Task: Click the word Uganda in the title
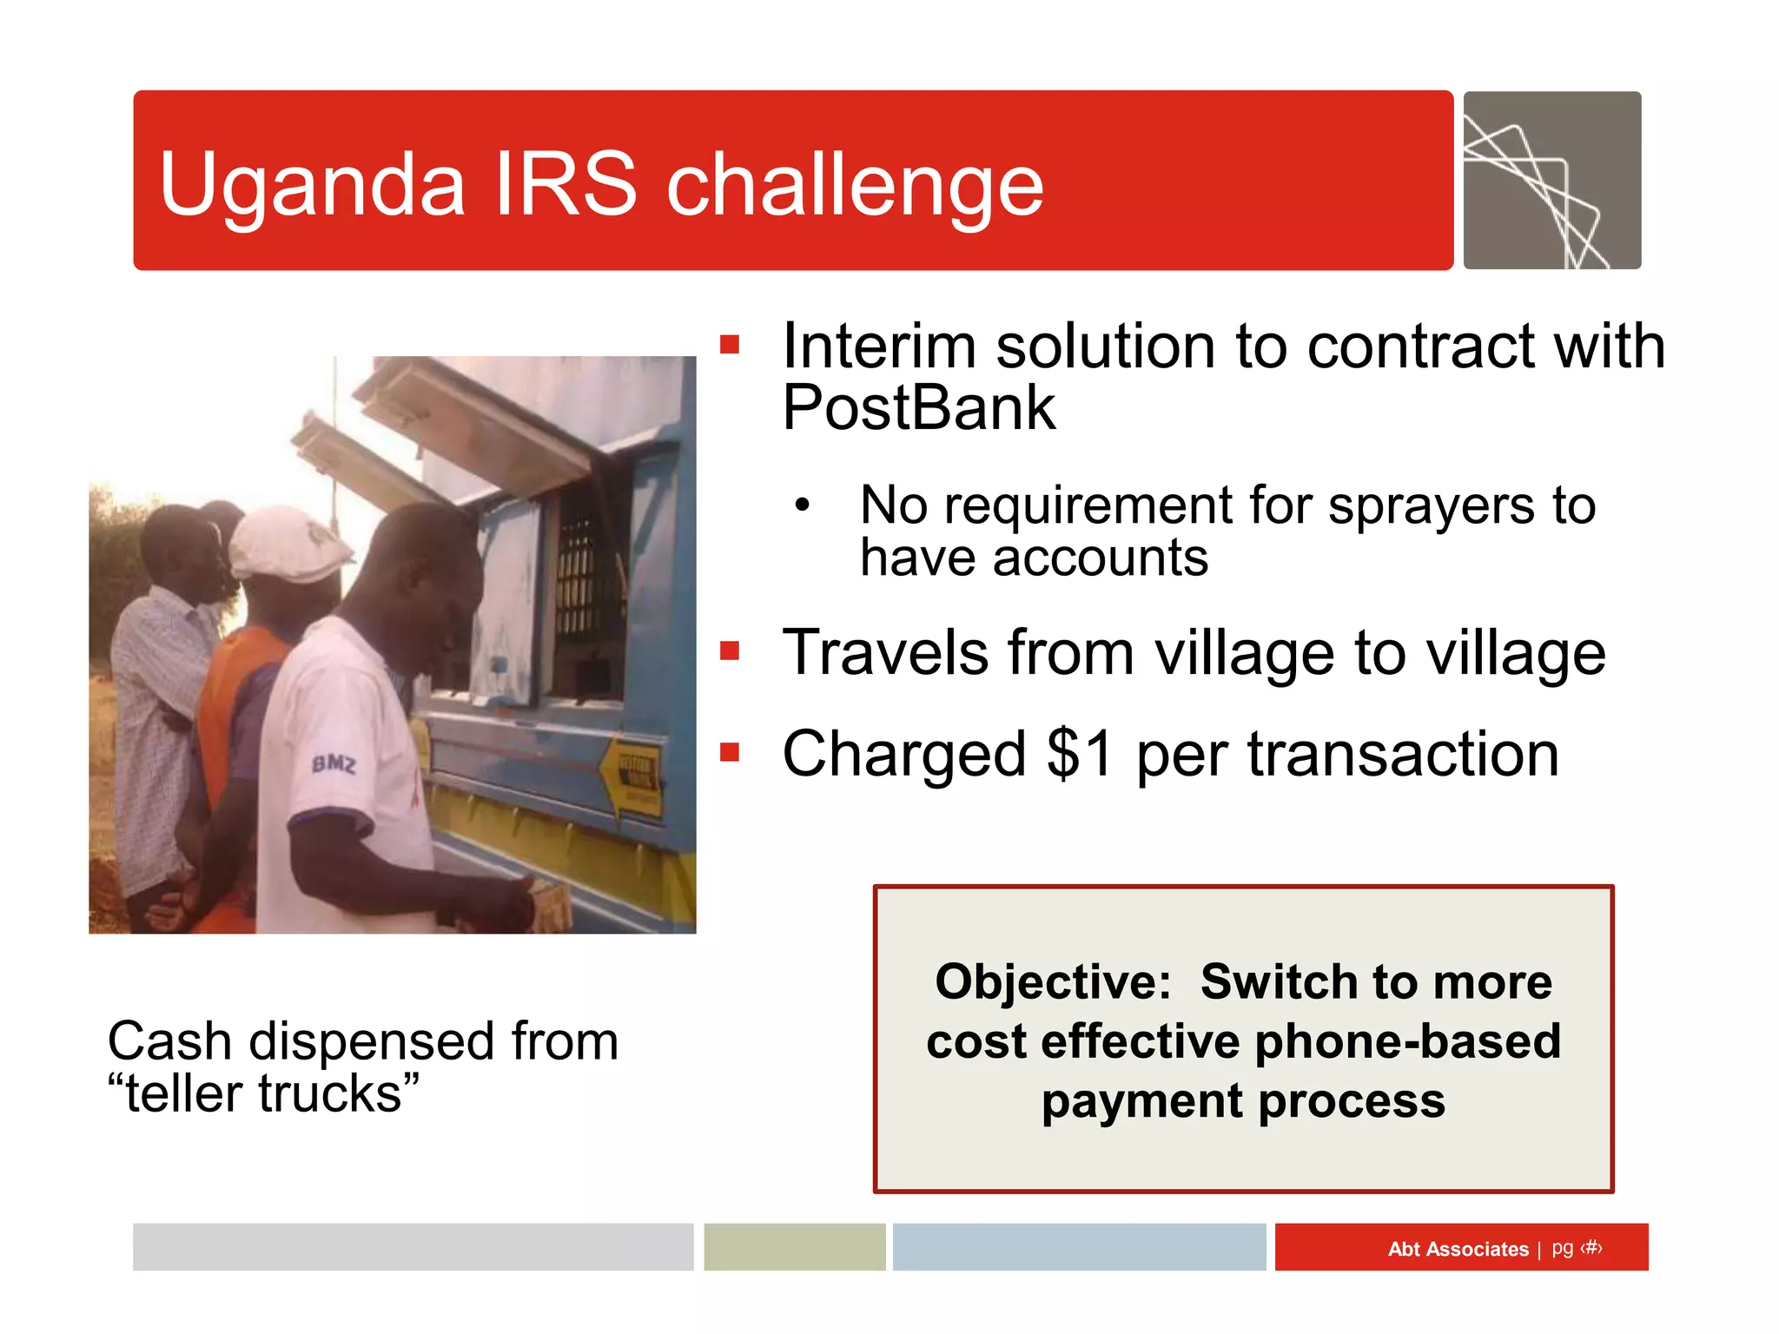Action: pyautogui.click(x=313, y=184)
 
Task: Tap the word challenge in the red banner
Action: pyautogui.click(x=855, y=184)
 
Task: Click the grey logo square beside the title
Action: pyautogui.click(x=1551, y=180)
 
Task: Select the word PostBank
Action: pyautogui.click(x=918, y=408)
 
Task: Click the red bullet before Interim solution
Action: pyautogui.click(x=730, y=346)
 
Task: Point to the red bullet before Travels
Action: pyautogui.click(x=730, y=651)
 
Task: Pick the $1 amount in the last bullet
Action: pyautogui.click(x=1080, y=753)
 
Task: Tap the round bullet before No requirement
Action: pyautogui.click(x=802, y=505)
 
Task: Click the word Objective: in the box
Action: pyautogui.click(x=1053, y=982)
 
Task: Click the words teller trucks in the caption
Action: pyautogui.click(x=263, y=1093)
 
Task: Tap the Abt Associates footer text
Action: pyautogui.click(x=1458, y=1249)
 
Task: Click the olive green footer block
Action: pyautogui.click(x=794, y=1247)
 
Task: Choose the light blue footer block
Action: pyautogui.click(x=1079, y=1247)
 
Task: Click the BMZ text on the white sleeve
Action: pyautogui.click(x=334, y=764)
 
